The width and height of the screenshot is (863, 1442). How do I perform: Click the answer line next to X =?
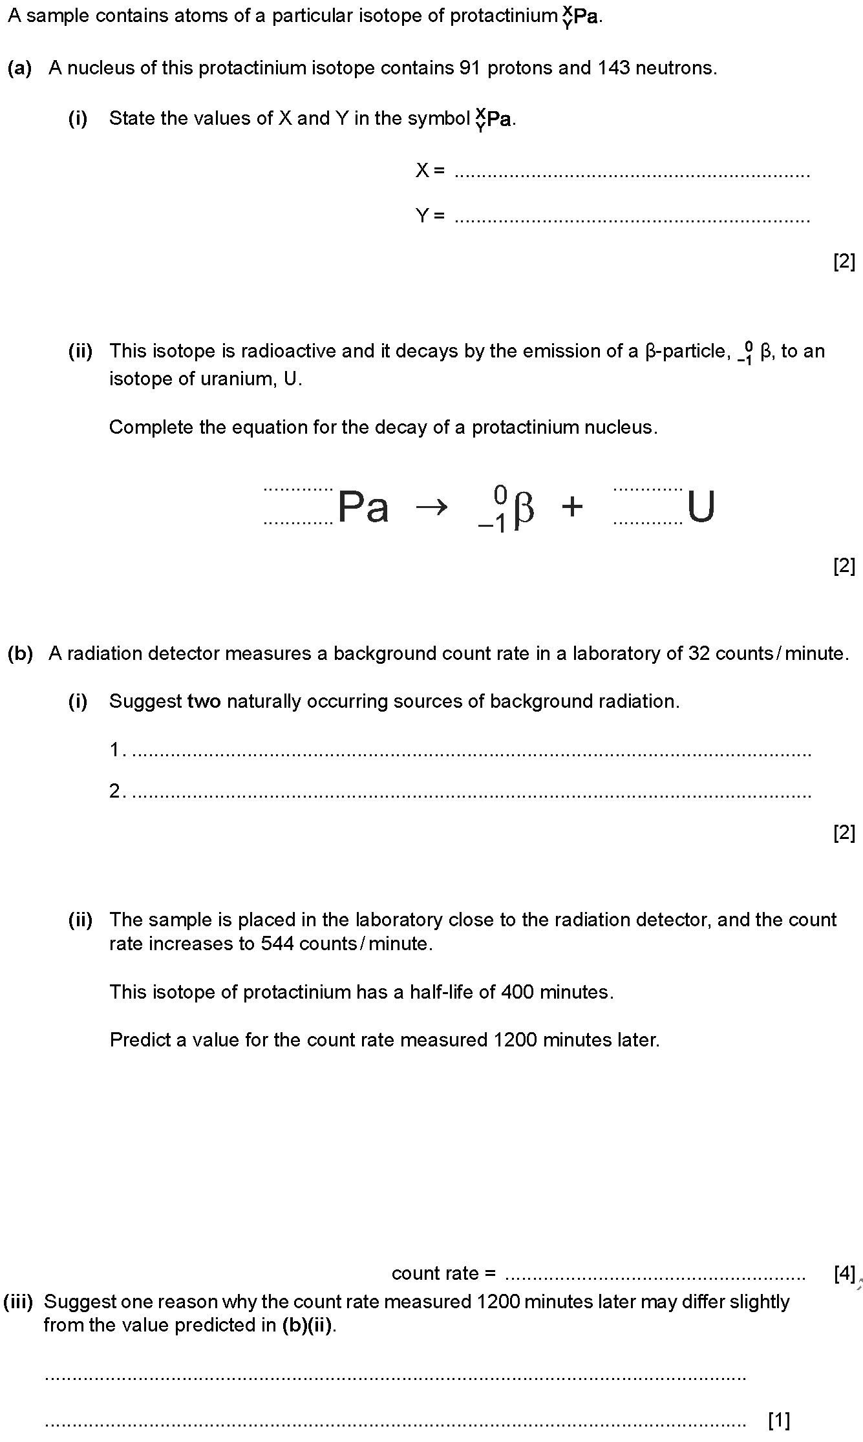[x=632, y=175]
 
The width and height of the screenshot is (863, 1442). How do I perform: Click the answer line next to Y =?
[x=632, y=220]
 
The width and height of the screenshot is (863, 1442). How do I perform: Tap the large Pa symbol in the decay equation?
[x=363, y=507]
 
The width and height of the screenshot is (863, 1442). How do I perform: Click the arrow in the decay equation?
[x=431, y=508]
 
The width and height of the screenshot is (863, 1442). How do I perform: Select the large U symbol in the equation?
[x=701, y=507]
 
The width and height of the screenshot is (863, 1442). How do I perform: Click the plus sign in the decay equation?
[x=572, y=507]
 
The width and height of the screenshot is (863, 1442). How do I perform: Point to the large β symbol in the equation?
[x=524, y=509]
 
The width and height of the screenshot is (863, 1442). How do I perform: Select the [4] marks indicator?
[x=844, y=1273]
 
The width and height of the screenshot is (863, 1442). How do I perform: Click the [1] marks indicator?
[x=779, y=1420]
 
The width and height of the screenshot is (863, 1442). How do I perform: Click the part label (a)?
[x=20, y=68]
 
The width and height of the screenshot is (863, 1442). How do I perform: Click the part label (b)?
[x=20, y=653]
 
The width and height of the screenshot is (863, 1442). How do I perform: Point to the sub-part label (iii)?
[x=18, y=1302]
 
